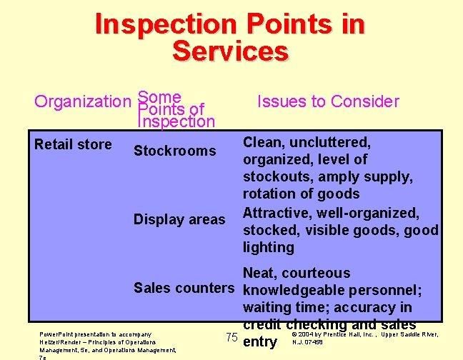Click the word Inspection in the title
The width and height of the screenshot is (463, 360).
[164, 24]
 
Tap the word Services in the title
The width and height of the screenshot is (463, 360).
[230, 51]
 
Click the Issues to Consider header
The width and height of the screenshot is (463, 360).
[328, 101]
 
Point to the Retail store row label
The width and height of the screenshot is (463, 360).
[73, 144]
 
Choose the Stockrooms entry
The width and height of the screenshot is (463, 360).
[174, 151]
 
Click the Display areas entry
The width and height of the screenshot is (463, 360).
[179, 219]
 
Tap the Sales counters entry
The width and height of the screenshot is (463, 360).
[184, 288]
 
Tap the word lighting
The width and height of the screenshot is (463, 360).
[268, 247]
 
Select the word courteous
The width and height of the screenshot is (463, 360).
[316, 273]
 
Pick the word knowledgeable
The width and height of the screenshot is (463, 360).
[294, 290]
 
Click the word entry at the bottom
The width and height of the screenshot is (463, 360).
[260, 342]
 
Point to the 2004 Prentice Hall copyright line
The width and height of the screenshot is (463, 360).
[364, 334]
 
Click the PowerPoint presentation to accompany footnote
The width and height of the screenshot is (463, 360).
[95, 334]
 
